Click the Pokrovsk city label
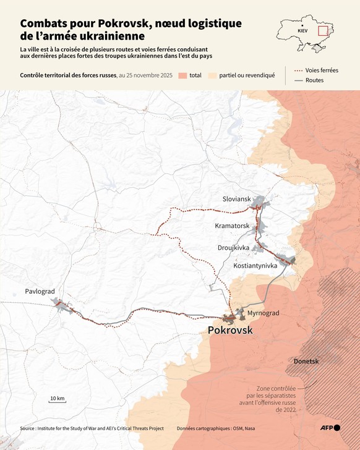pyautogui.click(x=230, y=331)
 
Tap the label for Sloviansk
pyautogui.click(x=237, y=198)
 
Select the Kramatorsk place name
pyautogui.click(x=232, y=226)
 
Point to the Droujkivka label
pyautogui.click(x=233, y=247)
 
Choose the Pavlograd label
pyautogui.click(x=40, y=291)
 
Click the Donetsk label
pyautogui.click(x=306, y=360)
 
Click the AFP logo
pyautogui.click(x=330, y=428)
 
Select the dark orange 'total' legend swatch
pyautogui.click(x=182, y=75)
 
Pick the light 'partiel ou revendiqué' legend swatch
pyautogui.click(x=213, y=75)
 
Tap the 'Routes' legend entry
pyautogui.click(x=314, y=80)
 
